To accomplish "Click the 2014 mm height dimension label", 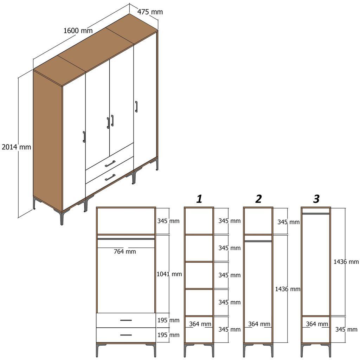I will [16, 147].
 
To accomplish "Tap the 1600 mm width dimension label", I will [78, 31].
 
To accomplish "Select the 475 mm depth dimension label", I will [150, 12].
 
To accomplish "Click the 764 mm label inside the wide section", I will [125, 252].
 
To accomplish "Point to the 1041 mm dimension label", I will [169, 274].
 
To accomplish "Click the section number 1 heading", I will [199, 199].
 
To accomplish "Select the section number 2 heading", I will [258, 199].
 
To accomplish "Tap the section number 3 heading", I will [316, 199].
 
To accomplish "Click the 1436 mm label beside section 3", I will [346, 262].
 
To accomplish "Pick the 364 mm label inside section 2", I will [259, 324].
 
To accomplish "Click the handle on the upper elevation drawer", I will [126, 320].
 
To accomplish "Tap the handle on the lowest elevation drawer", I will [126, 335].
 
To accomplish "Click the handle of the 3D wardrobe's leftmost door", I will [84, 137].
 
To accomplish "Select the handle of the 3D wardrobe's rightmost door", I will [136, 107].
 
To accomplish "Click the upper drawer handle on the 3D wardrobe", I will [110, 163].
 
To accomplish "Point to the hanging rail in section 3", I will [316, 213].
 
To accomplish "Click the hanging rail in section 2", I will [258, 241].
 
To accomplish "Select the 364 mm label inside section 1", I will [200, 324].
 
